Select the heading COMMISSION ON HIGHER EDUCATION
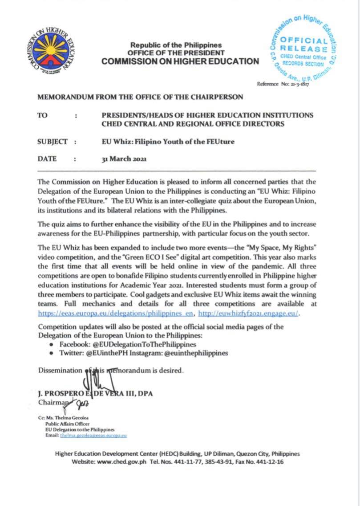click(x=180, y=61)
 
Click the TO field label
click(x=43, y=115)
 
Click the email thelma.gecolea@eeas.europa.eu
click(x=93, y=435)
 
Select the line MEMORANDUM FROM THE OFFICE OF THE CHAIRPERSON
click(x=140, y=97)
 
